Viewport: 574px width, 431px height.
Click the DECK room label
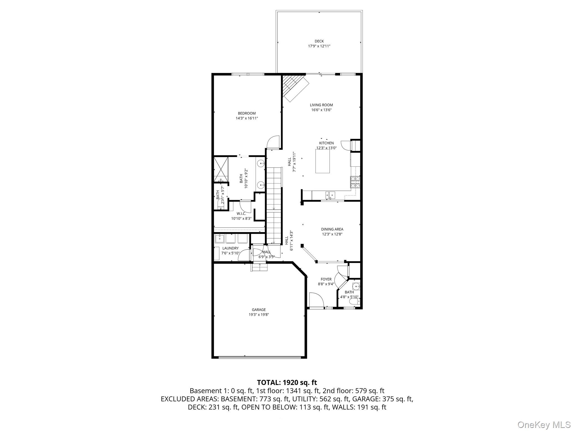tap(319, 41)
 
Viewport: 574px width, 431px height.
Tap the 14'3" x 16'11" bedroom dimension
tap(247, 118)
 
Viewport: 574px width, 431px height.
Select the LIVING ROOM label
tap(321, 105)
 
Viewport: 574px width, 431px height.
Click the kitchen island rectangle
tap(322, 161)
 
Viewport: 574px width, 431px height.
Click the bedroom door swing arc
tap(273, 142)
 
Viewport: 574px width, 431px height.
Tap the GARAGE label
tap(259, 310)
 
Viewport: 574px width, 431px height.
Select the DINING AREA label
tap(332, 229)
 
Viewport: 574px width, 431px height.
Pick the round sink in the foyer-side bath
tap(356, 287)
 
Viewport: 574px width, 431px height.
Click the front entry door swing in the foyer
tap(316, 300)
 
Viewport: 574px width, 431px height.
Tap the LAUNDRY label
tap(230, 248)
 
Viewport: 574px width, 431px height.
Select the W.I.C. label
tap(241, 214)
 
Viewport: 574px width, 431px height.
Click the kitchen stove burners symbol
tap(355, 182)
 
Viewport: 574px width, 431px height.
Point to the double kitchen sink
tap(330, 194)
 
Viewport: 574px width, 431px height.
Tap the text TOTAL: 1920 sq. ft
tap(287, 382)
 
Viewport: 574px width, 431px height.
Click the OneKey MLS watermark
tap(543, 425)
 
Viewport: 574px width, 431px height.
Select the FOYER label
tap(326, 279)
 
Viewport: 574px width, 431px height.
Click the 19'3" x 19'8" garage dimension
tap(259, 315)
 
